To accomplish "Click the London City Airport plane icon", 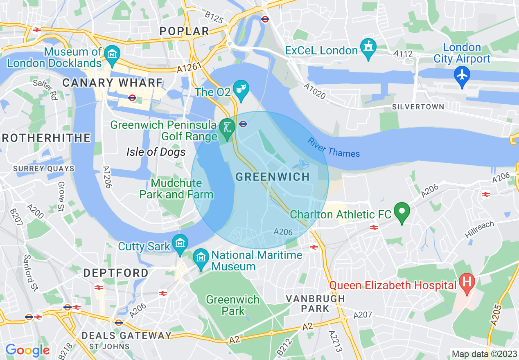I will coord(462,75).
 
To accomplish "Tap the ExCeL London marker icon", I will coord(368,48).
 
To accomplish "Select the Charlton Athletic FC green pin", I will coord(402,211).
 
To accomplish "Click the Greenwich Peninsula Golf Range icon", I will coord(226,127).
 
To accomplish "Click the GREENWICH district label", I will coord(273,177).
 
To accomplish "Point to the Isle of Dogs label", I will coord(156,152).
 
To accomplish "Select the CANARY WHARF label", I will coord(113,83).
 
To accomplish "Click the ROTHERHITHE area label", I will coord(46,137).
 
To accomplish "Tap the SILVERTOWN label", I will coord(418,107).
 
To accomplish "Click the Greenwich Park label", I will coord(232,305).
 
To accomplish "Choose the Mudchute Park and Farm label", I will coord(176,189).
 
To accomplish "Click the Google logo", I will coord(27,350).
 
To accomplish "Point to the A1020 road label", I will coord(315,91).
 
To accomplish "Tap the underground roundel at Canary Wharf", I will coord(132,97).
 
